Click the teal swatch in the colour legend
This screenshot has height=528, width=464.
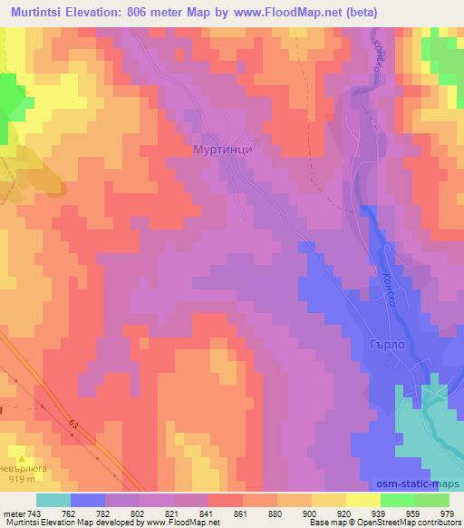coord(53,500)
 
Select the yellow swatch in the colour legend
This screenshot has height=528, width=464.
coord(329,500)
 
